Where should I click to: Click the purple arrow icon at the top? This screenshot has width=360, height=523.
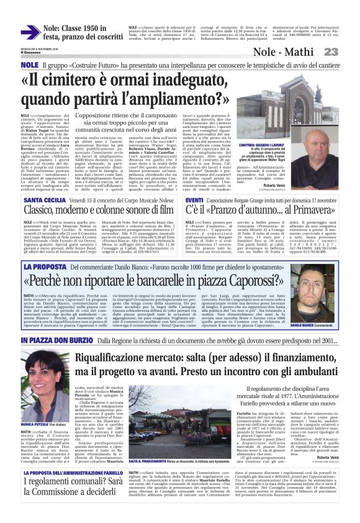30,32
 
